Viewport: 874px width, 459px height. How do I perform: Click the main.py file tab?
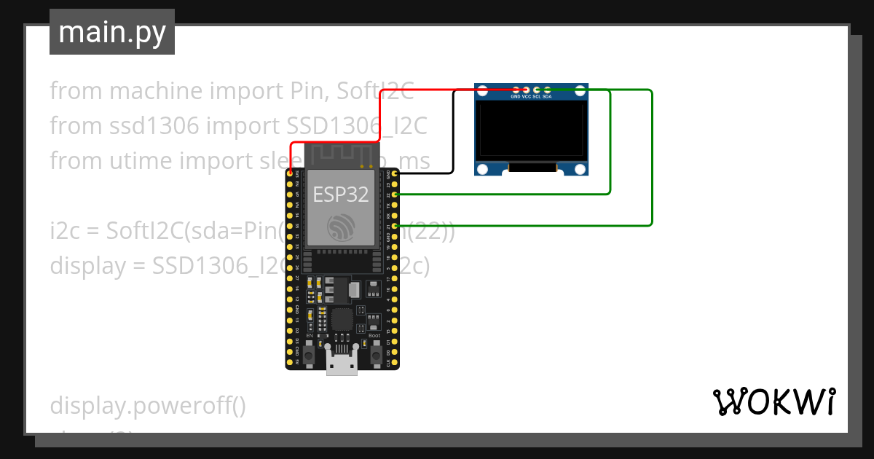(111, 32)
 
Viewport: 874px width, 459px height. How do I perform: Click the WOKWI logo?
(773, 402)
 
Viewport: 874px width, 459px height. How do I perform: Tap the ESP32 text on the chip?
(341, 194)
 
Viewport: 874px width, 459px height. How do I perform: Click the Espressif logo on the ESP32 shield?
(341, 228)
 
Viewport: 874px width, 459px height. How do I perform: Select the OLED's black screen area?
(532, 131)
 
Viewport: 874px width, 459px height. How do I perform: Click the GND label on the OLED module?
(516, 96)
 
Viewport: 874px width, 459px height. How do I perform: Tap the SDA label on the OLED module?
(547, 96)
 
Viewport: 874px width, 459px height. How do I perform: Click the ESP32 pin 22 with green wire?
(394, 195)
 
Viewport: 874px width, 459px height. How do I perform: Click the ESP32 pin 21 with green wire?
(394, 226)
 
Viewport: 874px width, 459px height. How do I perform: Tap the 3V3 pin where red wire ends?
(290, 173)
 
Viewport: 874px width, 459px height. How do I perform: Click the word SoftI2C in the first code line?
(377, 91)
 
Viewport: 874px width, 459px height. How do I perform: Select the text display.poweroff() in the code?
(148, 406)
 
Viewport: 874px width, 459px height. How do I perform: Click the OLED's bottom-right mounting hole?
(580, 169)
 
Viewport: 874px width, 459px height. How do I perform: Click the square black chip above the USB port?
(341, 319)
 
